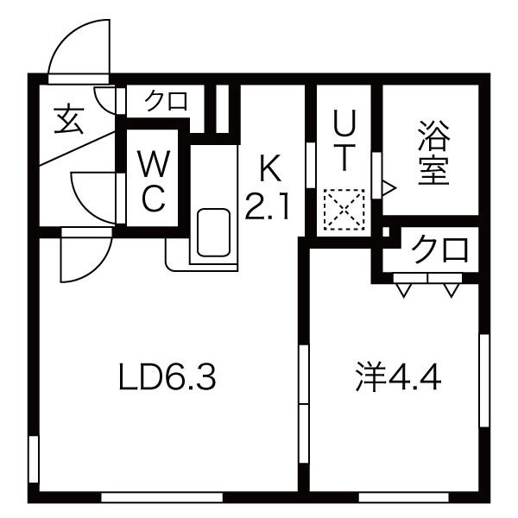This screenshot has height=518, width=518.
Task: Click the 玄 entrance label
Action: [68, 120]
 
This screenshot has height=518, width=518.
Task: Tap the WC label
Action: [155, 180]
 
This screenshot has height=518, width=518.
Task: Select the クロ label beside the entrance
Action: [166, 100]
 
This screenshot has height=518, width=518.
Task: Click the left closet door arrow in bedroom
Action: [403, 290]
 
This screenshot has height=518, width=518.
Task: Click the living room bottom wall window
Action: [162, 497]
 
